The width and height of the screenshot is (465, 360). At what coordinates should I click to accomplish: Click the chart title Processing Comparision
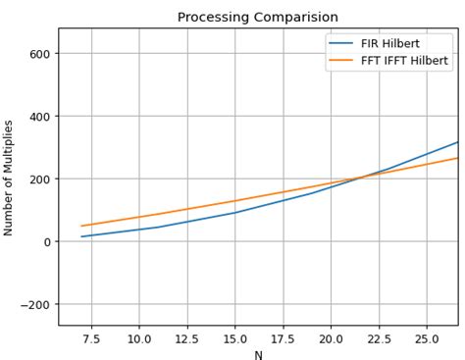pos(258,17)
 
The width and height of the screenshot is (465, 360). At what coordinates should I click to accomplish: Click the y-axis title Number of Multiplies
pos(9,178)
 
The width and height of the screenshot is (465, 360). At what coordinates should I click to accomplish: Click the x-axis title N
pos(258,355)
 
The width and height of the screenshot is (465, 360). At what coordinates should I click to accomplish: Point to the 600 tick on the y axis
pos(40,53)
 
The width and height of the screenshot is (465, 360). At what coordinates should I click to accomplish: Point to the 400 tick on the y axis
pos(40,116)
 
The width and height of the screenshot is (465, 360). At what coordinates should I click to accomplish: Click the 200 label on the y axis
pos(40,179)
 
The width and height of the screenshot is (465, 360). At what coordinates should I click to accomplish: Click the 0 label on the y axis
pos(47,241)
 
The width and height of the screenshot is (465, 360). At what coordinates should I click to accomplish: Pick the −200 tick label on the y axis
pos(36,304)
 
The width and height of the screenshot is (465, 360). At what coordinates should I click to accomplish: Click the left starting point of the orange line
pos(81,226)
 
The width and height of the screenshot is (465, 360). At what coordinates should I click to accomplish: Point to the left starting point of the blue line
pos(81,236)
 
